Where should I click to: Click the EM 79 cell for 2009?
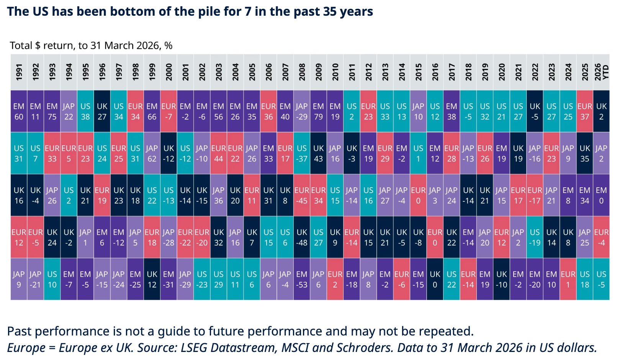pos(319,111)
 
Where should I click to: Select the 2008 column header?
pos(302,72)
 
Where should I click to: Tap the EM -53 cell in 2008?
pos(302,279)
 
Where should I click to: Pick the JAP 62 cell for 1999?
pos(152,153)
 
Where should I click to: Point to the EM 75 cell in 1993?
pos(52,111)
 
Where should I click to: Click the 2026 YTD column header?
pos(601,72)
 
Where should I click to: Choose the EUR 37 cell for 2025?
pos(585,111)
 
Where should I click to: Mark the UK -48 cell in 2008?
pos(302,237)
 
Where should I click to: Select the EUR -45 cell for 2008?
pos(302,195)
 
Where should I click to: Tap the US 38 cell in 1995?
pos(85,111)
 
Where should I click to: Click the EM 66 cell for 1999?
pos(152,111)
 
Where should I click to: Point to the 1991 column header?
pos(19,72)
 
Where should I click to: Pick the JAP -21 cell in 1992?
pos(36,279)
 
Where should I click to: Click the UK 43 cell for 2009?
pos(319,153)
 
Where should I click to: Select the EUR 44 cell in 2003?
pos(219,153)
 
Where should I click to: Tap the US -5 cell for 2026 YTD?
pos(601,279)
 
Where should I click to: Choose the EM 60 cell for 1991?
pos(19,111)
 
